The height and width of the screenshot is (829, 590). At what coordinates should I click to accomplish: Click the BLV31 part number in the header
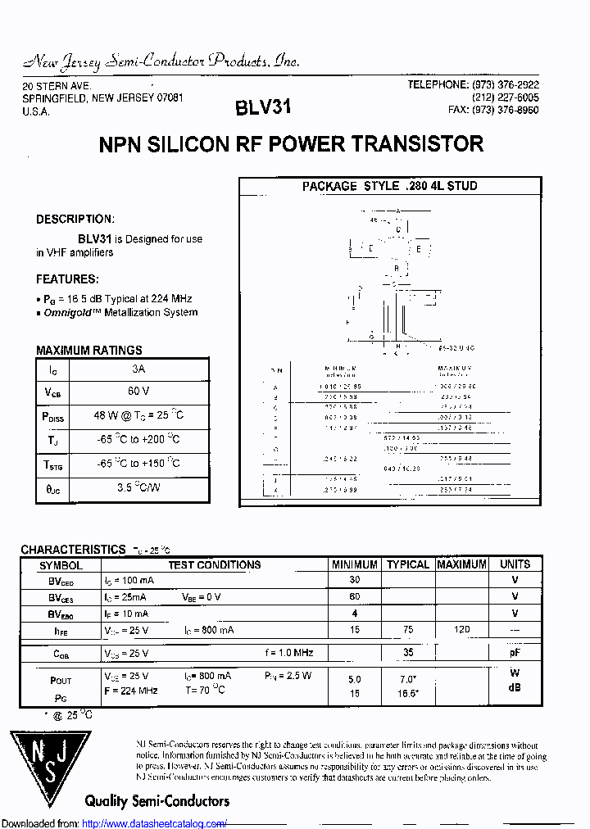(x=262, y=107)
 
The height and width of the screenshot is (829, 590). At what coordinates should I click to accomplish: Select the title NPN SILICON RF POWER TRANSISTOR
(x=291, y=145)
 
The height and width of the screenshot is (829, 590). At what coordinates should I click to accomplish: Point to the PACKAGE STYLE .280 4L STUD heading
(x=389, y=186)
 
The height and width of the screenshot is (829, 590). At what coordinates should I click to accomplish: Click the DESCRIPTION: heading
(x=75, y=220)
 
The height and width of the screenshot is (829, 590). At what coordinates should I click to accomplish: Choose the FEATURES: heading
(x=67, y=279)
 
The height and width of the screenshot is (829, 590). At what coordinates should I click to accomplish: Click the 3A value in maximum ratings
(x=138, y=369)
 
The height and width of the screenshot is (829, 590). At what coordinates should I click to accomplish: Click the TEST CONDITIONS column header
(x=215, y=564)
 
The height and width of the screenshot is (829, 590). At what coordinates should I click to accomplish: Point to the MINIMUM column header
(x=355, y=564)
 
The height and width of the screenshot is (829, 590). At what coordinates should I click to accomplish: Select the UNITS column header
(x=515, y=564)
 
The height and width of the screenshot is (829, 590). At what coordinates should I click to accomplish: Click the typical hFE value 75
(x=408, y=629)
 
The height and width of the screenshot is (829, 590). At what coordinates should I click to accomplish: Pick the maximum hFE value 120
(x=462, y=629)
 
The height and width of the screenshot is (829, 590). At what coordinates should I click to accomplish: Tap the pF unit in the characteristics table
(x=515, y=653)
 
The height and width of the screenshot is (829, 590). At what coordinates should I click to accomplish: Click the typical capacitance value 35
(x=408, y=653)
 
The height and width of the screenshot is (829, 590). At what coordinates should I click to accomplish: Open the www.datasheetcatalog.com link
(x=155, y=823)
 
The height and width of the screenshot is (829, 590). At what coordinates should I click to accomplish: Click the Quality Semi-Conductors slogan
(x=157, y=800)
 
